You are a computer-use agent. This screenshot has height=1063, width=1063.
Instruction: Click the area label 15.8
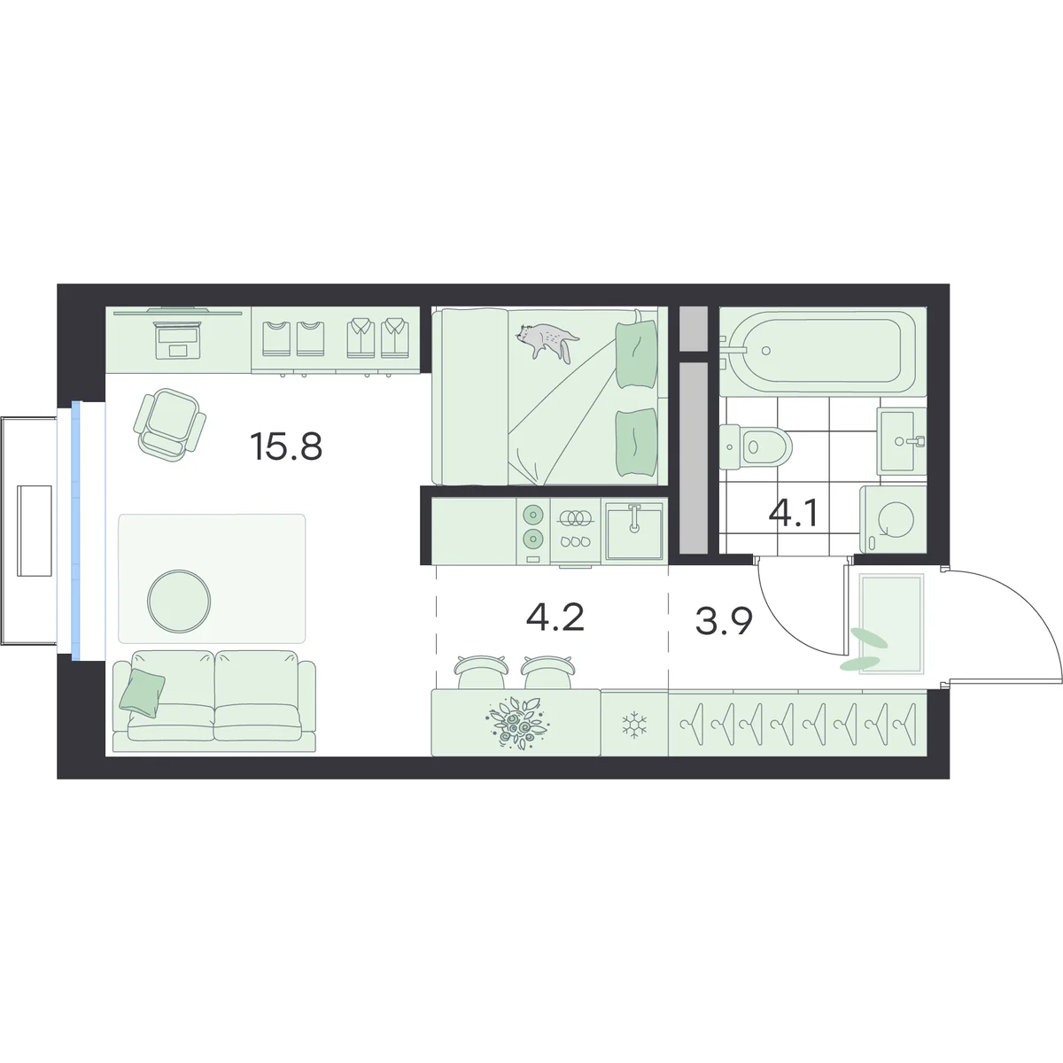coord(286,446)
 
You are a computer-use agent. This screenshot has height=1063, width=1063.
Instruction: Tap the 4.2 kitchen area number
coord(555,617)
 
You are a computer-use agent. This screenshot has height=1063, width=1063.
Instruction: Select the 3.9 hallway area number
coord(725,622)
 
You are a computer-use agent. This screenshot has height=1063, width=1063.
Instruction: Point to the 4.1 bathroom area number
coord(793,514)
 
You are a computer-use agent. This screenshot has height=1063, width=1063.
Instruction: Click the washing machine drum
coord(896,519)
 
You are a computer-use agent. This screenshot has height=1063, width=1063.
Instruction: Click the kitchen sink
coord(635,531)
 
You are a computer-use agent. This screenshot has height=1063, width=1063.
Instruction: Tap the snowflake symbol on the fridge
coord(634,725)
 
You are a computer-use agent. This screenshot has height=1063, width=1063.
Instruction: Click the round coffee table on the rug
coord(179,601)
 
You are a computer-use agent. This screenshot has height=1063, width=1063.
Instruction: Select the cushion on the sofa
coord(143,693)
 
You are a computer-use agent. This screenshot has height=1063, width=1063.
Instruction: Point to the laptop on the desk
coord(178,340)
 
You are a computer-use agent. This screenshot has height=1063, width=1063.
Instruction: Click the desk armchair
coord(170,424)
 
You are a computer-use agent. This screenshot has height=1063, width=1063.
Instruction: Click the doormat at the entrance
coord(891,624)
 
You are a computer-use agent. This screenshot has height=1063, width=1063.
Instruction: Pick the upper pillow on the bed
coord(637,356)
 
